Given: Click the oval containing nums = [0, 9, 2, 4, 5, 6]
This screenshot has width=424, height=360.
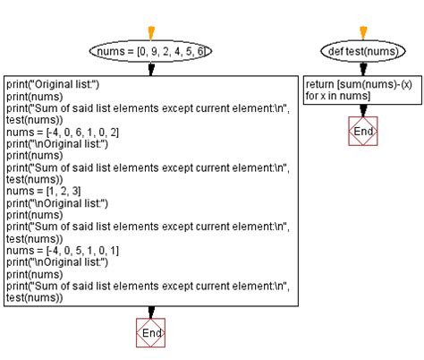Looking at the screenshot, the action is tap(150, 51).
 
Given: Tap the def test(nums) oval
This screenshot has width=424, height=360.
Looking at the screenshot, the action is tap(363, 51).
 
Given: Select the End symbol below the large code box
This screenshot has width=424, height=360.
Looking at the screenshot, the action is tap(150, 332).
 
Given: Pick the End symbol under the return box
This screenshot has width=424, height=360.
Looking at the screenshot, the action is tap(363, 131).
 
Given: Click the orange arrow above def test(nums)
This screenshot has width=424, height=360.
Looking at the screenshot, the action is tap(363, 33).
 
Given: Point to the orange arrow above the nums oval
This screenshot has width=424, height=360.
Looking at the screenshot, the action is tap(151, 33).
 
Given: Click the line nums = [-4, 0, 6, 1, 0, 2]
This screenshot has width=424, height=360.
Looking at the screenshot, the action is tap(63, 132).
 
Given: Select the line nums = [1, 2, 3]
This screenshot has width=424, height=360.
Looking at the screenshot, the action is tap(44, 191).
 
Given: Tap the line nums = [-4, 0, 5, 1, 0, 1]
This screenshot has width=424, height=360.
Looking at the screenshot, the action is tap(63, 251).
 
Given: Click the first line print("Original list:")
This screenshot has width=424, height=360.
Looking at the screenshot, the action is tap(53, 84).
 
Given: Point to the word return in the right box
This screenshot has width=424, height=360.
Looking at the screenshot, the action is tap(319, 84).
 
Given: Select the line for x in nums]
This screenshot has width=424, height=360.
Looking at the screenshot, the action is tap(338, 96).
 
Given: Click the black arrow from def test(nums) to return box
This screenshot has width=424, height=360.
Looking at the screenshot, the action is tap(363, 69).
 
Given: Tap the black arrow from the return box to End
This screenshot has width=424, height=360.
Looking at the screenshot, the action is tap(363, 110).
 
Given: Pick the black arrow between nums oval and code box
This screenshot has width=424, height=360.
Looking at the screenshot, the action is tap(151, 69).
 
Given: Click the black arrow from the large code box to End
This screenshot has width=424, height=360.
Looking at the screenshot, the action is tap(151, 313).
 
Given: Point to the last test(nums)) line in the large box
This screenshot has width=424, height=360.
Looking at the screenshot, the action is tap(35, 297).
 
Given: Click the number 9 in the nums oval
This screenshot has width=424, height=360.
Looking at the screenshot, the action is tap(154, 51).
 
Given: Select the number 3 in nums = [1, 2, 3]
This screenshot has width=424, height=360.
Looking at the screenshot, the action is tap(75, 191).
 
